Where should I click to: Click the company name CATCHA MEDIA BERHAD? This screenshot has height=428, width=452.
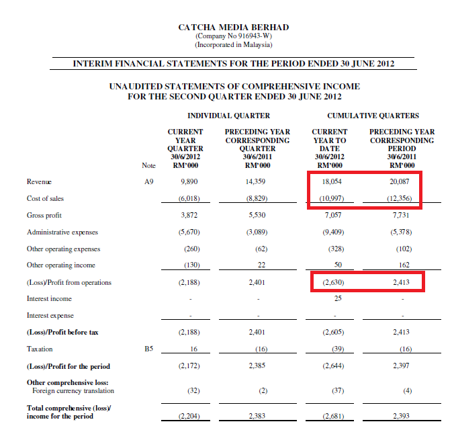[233, 28]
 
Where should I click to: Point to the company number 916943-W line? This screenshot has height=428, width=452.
[233, 36]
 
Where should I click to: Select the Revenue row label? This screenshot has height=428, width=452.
[39, 181]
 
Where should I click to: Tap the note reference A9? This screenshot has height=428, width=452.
[149, 181]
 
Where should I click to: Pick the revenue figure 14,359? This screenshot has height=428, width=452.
[257, 181]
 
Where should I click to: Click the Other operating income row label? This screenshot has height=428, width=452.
[61, 265]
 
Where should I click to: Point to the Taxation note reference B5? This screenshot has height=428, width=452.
[149, 349]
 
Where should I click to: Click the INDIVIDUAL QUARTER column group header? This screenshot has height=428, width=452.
[228, 116]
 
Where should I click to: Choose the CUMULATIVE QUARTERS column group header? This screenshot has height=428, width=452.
[373, 116]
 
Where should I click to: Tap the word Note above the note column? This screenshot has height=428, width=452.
[149, 165]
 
